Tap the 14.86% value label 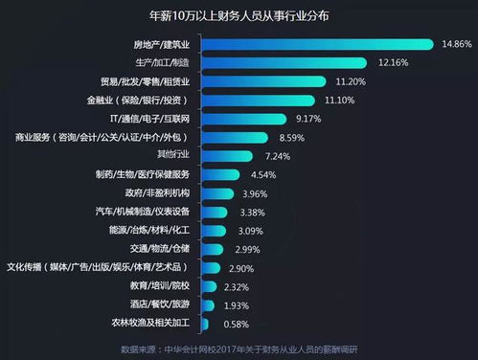(x=455, y=44)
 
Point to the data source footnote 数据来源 (x=239, y=348)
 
